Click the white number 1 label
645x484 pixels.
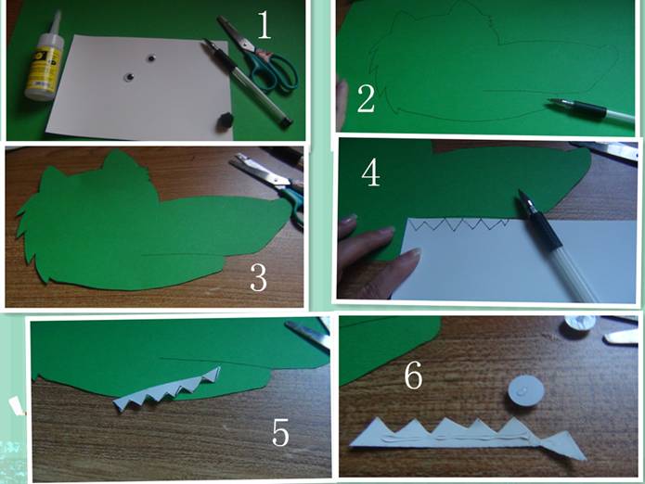[x=264, y=25]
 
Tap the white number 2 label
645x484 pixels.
[x=366, y=98]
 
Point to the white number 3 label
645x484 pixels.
[x=259, y=278]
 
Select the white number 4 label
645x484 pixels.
[x=370, y=173]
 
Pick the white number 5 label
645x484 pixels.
[x=280, y=432]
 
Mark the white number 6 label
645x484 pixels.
[x=413, y=376]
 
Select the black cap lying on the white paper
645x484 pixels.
[x=225, y=121]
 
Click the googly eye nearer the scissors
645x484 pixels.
[x=151, y=58]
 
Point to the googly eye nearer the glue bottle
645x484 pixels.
[x=130, y=77]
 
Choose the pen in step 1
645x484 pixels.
[x=247, y=82]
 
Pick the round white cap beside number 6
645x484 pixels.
[x=525, y=393]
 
